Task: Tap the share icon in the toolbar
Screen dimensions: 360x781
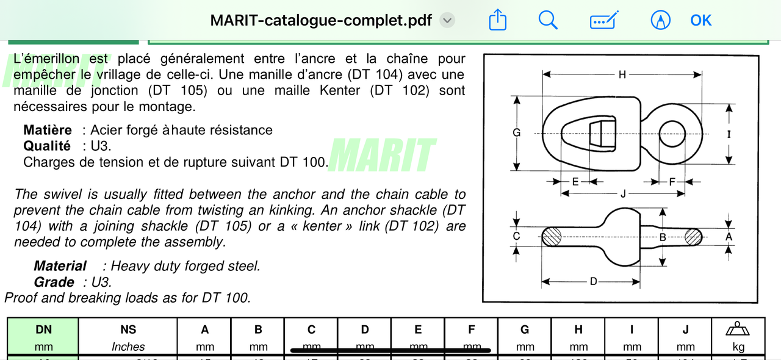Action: pyautogui.click(x=498, y=20)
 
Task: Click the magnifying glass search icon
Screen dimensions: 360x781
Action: pyautogui.click(x=548, y=20)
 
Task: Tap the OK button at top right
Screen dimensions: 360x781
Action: pyautogui.click(x=700, y=20)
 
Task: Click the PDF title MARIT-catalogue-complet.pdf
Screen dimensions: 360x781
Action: pyautogui.click(x=321, y=20)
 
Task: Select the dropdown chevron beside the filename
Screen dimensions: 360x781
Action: pyautogui.click(x=447, y=20)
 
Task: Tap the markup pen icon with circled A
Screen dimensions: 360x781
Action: pyautogui.click(x=660, y=20)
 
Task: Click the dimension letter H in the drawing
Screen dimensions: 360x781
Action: pyautogui.click(x=622, y=74)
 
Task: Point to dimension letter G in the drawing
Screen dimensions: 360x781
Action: pyautogui.click(x=516, y=132)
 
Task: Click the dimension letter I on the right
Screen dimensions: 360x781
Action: pyautogui.click(x=729, y=134)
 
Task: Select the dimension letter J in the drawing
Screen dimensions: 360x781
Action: pyautogui.click(x=622, y=193)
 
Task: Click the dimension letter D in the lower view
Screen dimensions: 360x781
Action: pyautogui.click(x=592, y=282)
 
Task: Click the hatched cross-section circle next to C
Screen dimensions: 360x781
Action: pyautogui.click(x=552, y=237)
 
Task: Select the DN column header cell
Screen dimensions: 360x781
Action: pyautogui.click(x=43, y=337)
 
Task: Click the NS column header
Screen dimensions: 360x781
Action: pyautogui.click(x=128, y=337)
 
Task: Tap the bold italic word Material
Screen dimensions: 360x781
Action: pyautogui.click(x=60, y=266)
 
